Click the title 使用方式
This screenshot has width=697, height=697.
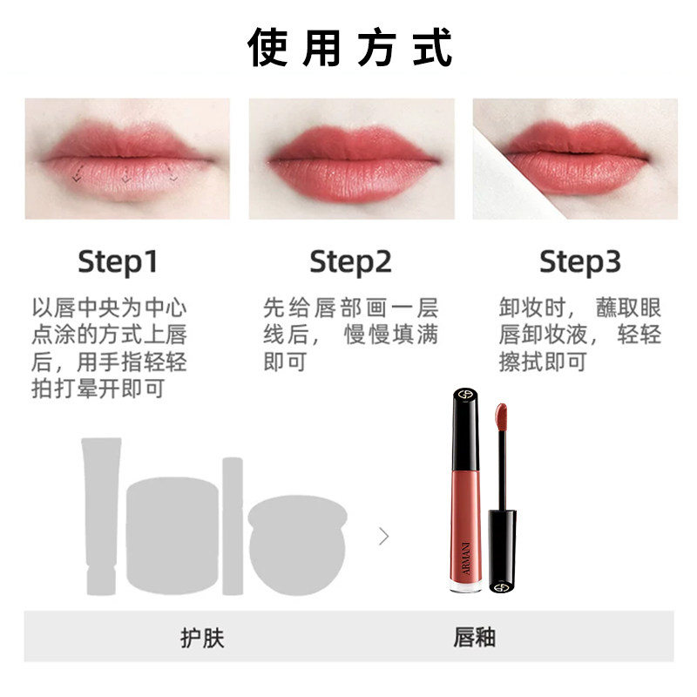[x=350, y=48]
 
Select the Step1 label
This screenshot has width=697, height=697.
[x=118, y=262]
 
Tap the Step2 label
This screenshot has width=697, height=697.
[x=351, y=262]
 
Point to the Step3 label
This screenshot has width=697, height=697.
[x=580, y=262]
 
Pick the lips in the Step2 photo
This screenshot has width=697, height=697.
[x=354, y=165]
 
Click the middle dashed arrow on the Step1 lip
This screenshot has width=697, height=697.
[x=126, y=173]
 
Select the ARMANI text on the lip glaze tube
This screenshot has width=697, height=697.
[x=466, y=558]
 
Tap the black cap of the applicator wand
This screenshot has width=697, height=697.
[x=502, y=552]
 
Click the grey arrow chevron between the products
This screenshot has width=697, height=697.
[x=383, y=536]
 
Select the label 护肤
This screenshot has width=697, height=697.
[x=202, y=638]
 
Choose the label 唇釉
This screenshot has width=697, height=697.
[x=474, y=637]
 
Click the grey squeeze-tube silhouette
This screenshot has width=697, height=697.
[x=101, y=516]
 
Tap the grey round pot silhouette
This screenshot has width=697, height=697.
[x=297, y=545]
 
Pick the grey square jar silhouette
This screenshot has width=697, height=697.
[x=173, y=535]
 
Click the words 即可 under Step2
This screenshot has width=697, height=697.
[x=285, y=362]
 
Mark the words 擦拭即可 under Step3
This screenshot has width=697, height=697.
[x=542, y=362]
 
